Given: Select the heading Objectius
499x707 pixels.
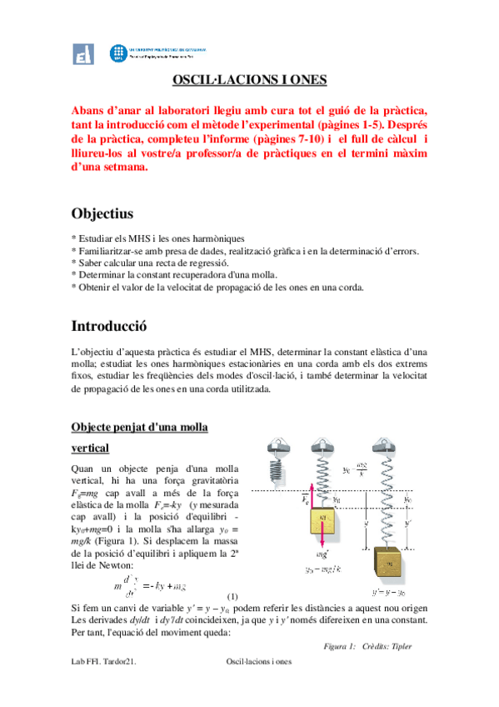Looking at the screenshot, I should (x=102, y=214).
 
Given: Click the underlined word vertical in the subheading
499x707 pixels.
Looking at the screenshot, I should (x=92, y=448).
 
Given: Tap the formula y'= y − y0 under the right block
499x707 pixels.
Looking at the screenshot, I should (x=392, y=589).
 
